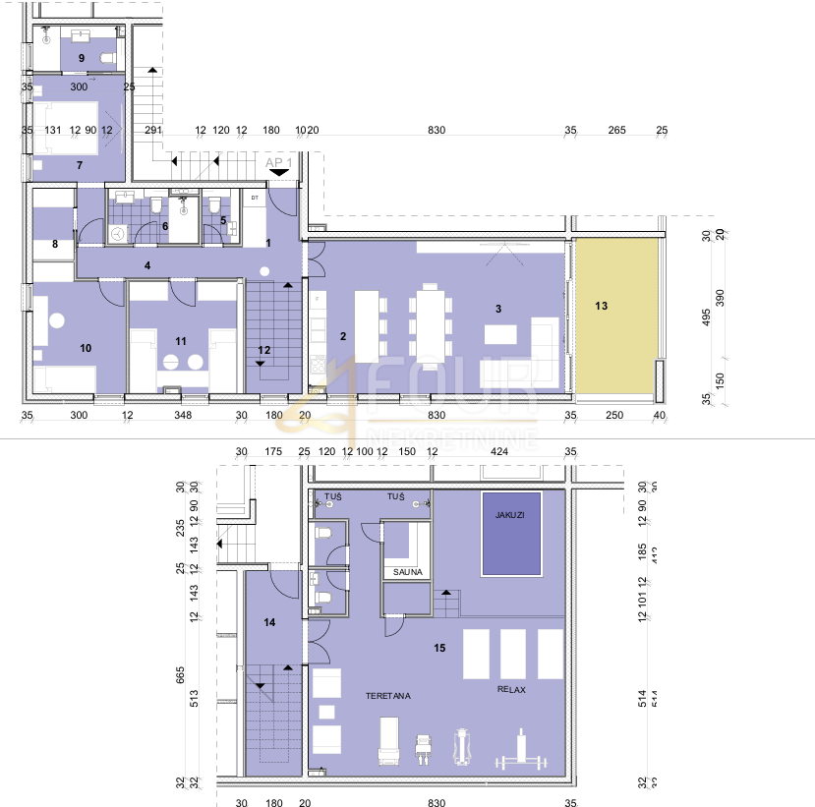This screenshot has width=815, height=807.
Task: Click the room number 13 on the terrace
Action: coord(602,307)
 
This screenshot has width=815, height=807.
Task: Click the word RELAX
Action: coord(511,690)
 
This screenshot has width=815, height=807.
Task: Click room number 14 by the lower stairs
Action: coord(269,621)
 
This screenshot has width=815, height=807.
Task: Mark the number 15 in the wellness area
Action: coord(439,648)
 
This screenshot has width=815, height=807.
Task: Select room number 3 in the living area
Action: coord(499,310)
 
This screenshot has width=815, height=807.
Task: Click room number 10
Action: coord(86,348)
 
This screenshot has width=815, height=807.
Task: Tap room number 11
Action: coord(180,340)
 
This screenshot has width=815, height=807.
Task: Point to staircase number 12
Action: coord(263,349)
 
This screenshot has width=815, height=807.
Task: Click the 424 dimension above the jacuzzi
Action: coord(499,452)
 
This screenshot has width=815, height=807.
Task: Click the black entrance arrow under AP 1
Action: coord(279,172)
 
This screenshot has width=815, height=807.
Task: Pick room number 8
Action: coord(55,243)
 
